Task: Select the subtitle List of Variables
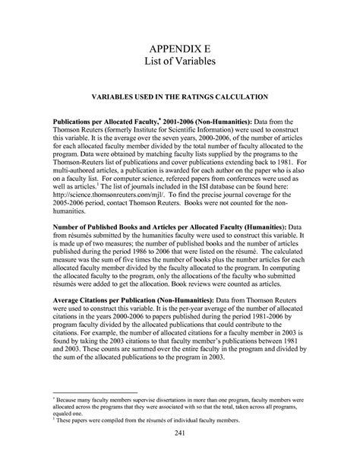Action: coord(180,65)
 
